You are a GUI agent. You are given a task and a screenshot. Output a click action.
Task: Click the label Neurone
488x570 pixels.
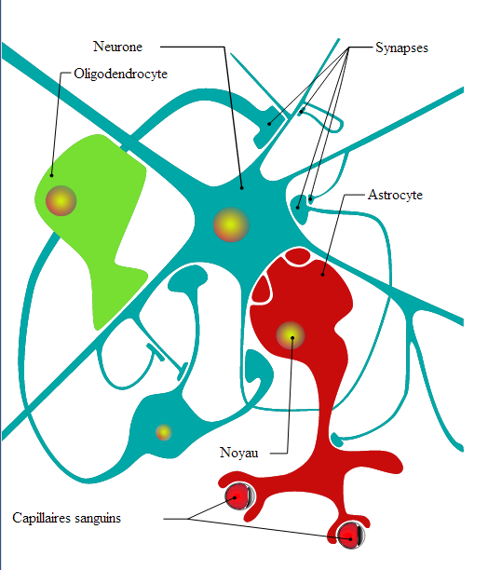coord(117,47)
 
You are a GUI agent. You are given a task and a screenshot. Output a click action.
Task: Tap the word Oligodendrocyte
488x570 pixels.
coord(121,74)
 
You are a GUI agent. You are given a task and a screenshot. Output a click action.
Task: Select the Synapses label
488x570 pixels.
coord(401,48)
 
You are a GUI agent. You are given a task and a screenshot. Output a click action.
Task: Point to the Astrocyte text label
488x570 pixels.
coord(395,195)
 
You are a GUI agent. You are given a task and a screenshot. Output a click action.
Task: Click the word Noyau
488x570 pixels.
coord(239,453)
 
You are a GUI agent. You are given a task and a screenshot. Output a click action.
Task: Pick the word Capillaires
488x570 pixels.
coord(41,518)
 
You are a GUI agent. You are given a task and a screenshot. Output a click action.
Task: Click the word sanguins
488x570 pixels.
coord(98,519)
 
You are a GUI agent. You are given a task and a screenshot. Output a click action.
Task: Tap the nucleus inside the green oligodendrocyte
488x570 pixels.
coord(61,200)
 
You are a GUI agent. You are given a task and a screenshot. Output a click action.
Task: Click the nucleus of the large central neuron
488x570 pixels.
coord(231,224)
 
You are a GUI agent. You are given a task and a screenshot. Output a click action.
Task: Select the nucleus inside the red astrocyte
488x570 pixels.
coord(291,335)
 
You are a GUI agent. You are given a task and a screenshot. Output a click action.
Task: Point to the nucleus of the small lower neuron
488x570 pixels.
coord(164,432)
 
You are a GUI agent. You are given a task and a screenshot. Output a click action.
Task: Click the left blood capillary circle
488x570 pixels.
coord(238,496)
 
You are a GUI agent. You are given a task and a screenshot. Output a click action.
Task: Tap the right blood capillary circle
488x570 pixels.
coord(351,536)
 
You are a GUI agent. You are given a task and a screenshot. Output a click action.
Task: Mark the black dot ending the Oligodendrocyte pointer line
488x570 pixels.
coord(51,176)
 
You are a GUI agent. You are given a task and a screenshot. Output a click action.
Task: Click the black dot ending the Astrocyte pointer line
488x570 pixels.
coord(322,275)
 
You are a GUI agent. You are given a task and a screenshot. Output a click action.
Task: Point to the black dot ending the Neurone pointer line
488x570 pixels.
coord(241,188)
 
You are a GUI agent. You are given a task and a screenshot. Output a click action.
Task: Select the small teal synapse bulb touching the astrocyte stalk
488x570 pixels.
coord(337,439)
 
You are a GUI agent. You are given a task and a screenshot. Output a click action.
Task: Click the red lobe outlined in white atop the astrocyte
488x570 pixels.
coord(298,256)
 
